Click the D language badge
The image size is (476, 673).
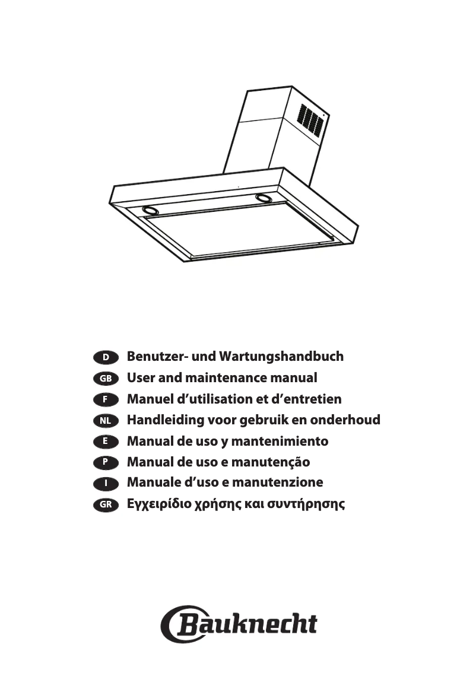(106, 357)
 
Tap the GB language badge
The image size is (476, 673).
(106, 378)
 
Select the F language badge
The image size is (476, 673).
(106, 399)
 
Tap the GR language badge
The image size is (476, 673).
(106, 504)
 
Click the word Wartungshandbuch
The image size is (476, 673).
(281, 357)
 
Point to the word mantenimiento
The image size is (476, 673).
(280, 442)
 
